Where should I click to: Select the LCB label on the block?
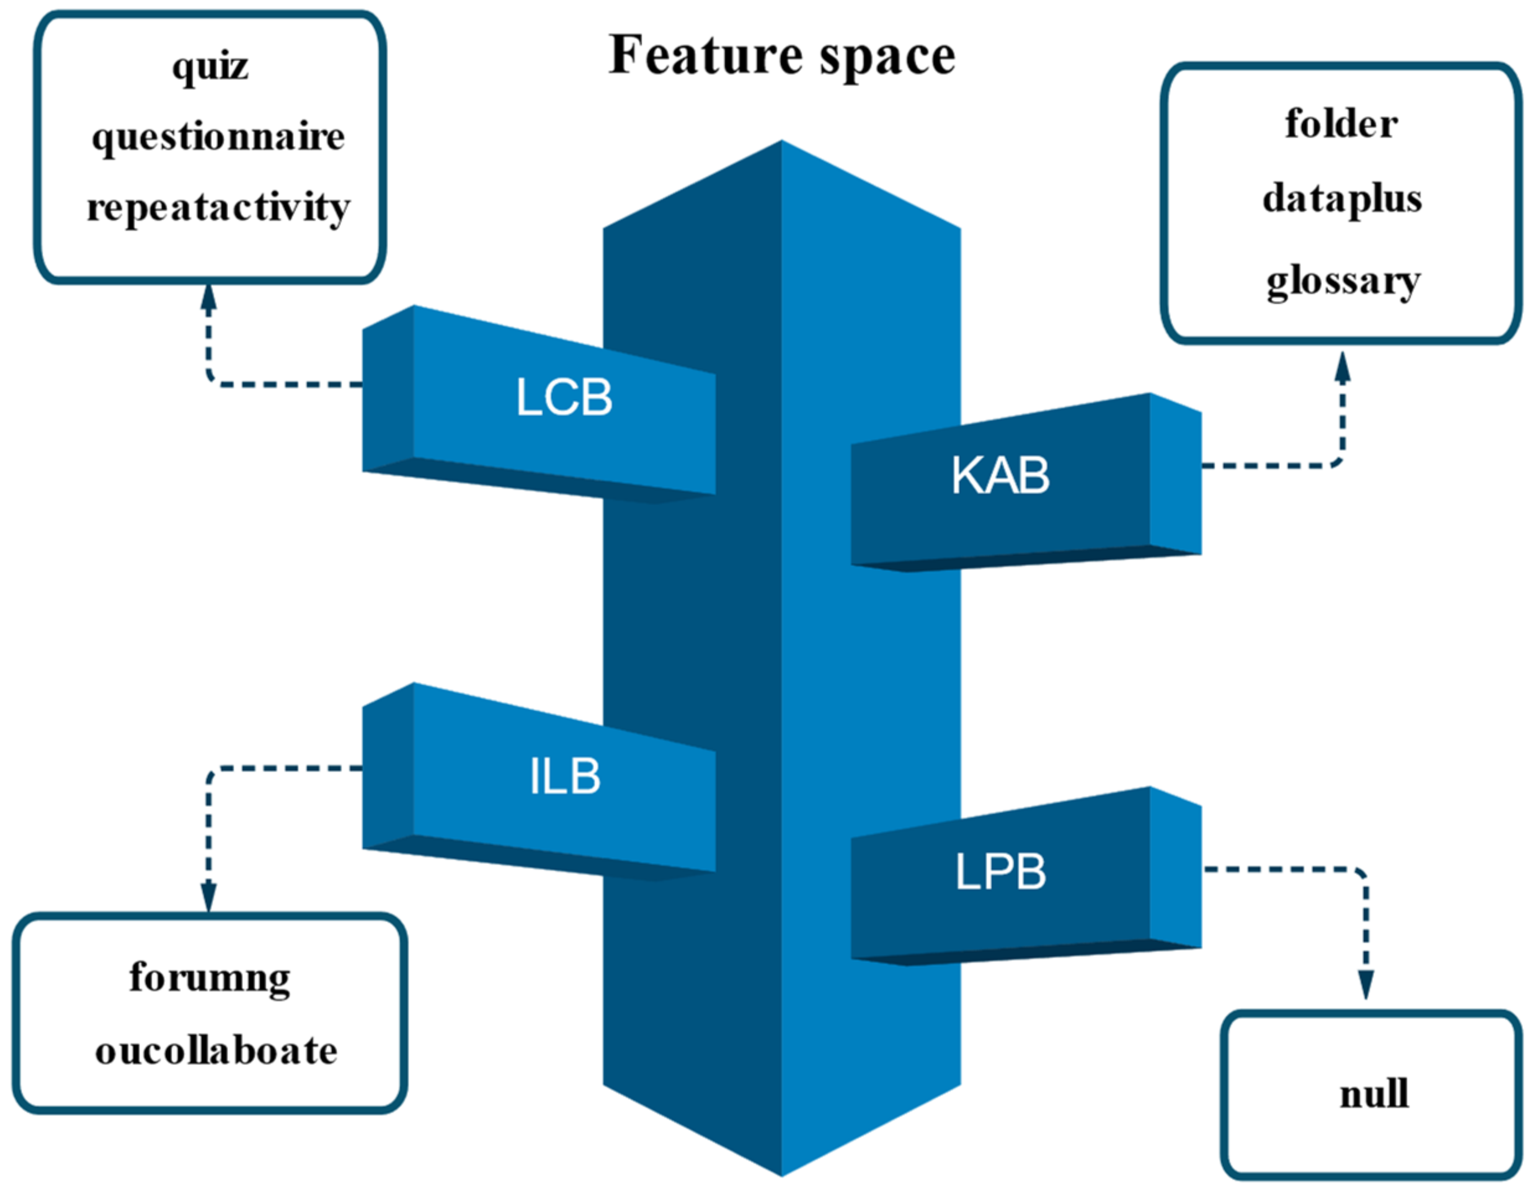point(564,398)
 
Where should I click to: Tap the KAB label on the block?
point(1000,475)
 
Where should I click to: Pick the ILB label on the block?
point(565,777)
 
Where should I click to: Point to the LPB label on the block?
point(1000,872)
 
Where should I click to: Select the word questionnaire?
point(218,137)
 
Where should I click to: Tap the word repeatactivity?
point(218,208)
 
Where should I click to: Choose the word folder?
point(1341,124)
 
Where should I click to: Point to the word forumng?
point(209,978)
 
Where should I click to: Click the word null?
point(1374,1094)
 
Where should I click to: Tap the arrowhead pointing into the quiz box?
point(208,298)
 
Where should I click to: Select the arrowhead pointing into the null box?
point(1365,984)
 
